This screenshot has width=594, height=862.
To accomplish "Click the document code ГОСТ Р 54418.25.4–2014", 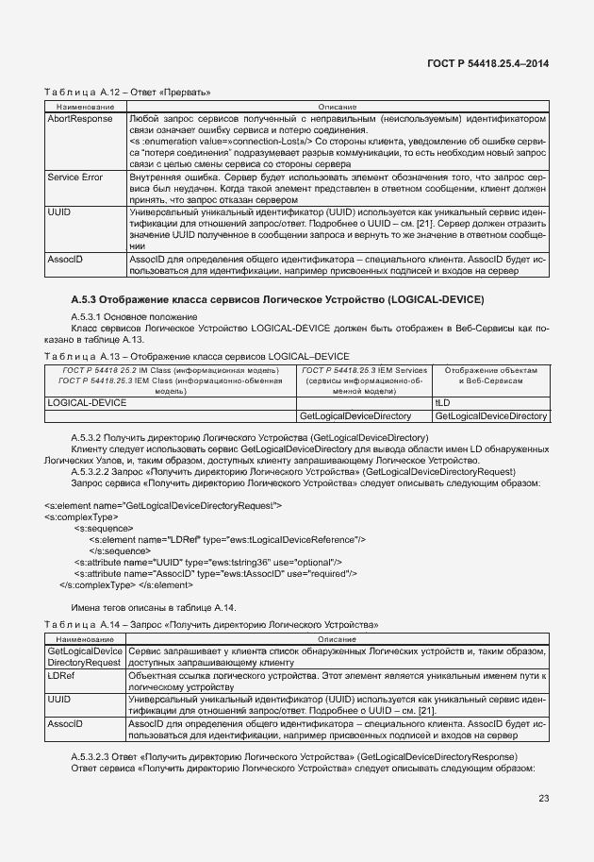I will [487, 63].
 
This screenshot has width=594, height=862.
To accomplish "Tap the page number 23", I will [543, 799].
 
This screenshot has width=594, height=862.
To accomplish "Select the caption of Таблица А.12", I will [126, 93].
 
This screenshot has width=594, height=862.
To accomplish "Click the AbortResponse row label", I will [79, 120].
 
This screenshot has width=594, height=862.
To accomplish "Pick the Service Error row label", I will [75, 177].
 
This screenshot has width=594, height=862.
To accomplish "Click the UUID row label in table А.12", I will [58, 213].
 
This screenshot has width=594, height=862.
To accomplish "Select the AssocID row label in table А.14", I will [65, 722].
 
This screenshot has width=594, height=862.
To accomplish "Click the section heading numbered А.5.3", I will [277, 299].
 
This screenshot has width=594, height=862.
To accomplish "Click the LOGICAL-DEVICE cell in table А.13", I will [87, 402].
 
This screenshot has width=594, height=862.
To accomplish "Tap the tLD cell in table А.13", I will [443, 402].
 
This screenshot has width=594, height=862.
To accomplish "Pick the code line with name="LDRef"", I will [227, 539].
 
